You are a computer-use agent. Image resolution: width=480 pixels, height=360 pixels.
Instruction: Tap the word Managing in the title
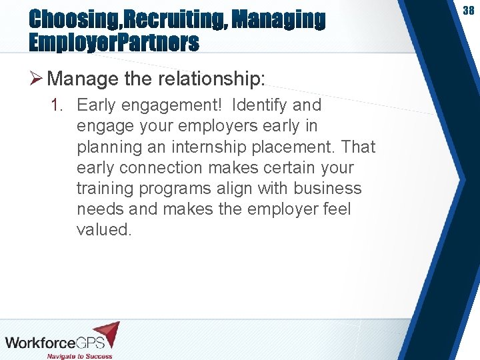pyautogui.click(x=279, y=20)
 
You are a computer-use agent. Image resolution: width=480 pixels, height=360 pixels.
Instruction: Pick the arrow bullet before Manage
pyautogui.click(x=37, y=79)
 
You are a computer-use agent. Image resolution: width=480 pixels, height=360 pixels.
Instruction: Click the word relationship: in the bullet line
pyautogui.click(x=211, y=79)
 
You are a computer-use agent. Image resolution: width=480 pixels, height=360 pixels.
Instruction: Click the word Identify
pyautogui.click(x=257, y=105)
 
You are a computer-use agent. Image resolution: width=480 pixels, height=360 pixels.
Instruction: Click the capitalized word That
pyautogui.click(x=359, y=147)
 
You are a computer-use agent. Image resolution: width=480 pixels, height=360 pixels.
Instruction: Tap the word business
pyautogui.click(x=331, y=188)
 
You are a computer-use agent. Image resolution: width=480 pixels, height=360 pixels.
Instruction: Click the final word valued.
pyautogui.click(x=105, y=229)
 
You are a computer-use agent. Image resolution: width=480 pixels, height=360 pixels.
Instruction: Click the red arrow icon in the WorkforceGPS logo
pyautogui.click(x=106, y=333)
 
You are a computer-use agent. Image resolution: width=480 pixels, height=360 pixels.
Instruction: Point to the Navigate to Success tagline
pyautogui.click(x=79, y=355)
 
